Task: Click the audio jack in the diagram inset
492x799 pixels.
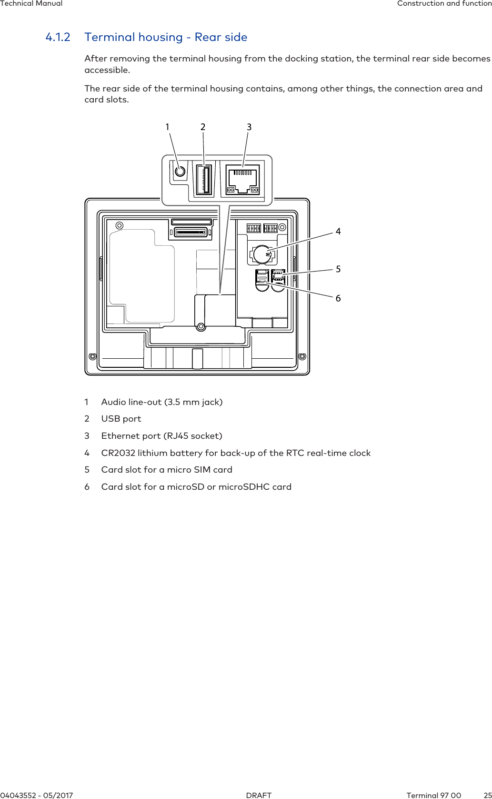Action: tap(180, 171)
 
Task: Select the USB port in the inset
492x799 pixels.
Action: tap(204, 179)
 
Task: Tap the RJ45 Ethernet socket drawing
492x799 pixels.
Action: tap(242, 180)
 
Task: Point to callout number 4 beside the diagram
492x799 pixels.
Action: tap(338, 232)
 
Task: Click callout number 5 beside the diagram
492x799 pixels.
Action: tap(338, 269)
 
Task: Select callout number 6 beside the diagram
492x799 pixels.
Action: tap(338, 298)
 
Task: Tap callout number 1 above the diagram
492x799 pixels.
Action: tap(167, 127)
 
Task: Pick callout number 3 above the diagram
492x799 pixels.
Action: tap(249, 127)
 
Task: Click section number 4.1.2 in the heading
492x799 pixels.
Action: tap(58, 37)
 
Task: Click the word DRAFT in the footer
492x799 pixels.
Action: tap(259, 796)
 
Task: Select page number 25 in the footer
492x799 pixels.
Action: tap(488, 796)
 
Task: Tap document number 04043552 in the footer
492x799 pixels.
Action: tap(19, 796)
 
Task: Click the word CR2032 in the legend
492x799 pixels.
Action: tap(118, 453)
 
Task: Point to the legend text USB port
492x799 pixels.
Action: tap(121, 419)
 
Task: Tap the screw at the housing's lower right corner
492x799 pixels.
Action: tap(302, 356)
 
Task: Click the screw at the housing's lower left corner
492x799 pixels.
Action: tap(93, 356)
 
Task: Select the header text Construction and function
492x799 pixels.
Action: tap(444, 3)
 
